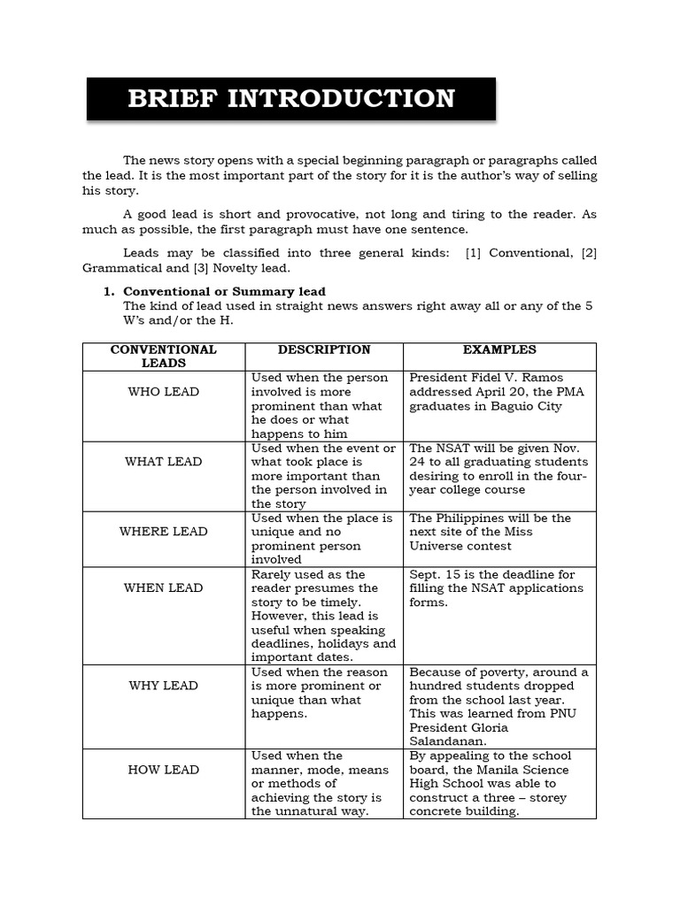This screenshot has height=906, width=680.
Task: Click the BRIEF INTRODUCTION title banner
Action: [291, 98]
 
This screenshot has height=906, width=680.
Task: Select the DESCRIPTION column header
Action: [324, 349]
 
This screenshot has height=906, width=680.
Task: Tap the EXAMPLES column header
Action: [498, 349]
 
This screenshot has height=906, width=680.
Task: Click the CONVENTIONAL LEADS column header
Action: [164, 356]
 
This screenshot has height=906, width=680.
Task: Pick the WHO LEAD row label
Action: [164, 392]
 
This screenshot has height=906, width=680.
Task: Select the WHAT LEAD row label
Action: [164, 462]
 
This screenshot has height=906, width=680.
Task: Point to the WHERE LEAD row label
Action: [164, 532]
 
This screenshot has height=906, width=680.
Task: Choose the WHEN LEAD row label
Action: [164, 588]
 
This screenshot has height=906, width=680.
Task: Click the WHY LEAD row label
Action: [164, 686]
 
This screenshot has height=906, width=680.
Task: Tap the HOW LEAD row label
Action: [164, 770]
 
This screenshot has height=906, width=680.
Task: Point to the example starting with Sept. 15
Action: [496, 588]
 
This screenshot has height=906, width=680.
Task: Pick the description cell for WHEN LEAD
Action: [323, 616]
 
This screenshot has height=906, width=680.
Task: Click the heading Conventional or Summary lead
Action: [224, 291]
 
